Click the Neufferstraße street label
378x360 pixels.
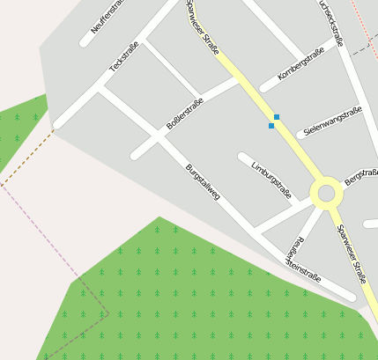tap(112, 18)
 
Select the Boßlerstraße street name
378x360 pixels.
tap(184, 115)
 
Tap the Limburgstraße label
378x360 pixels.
tap(271, 179)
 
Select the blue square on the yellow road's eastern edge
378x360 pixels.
tap(277, 117)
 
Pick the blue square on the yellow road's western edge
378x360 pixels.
tap(271, 126)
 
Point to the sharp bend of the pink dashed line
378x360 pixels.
tap(107, 310)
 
